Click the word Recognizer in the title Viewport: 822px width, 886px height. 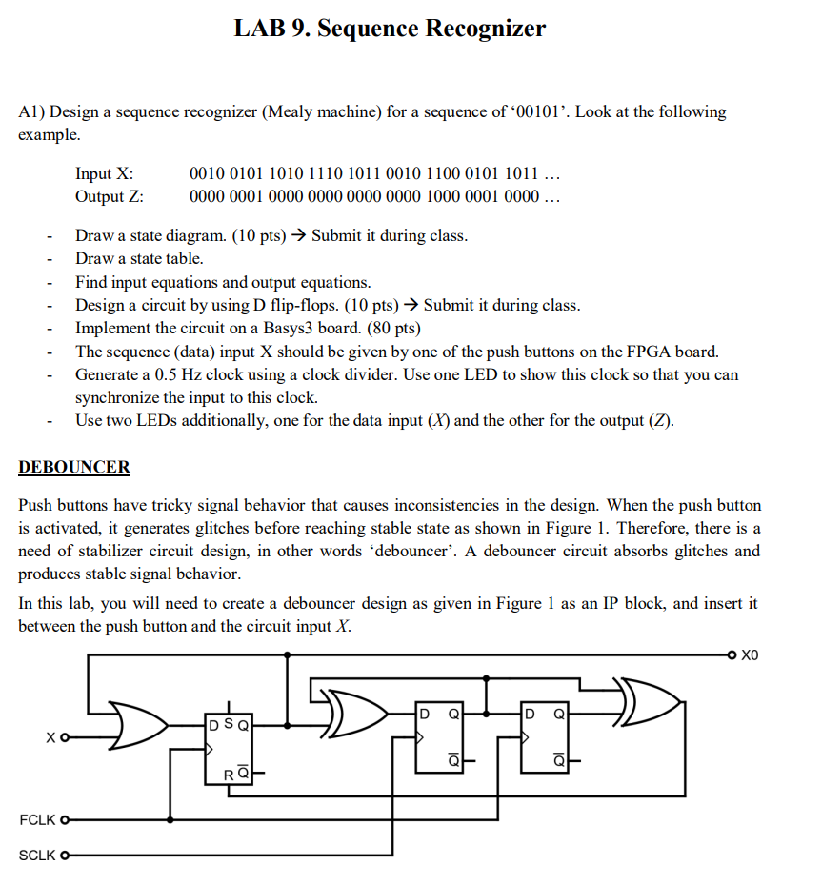(x=485, y=29)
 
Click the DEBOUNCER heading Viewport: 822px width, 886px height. (x=74, y=468)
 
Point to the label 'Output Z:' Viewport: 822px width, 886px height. (x=110, y=197)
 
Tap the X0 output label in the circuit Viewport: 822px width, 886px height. (x=751, y=655)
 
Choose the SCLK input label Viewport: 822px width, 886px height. (x=38, y=856)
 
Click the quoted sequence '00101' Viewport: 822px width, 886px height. (x=540, y=112)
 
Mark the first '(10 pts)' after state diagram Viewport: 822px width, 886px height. (x=259, y=235)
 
